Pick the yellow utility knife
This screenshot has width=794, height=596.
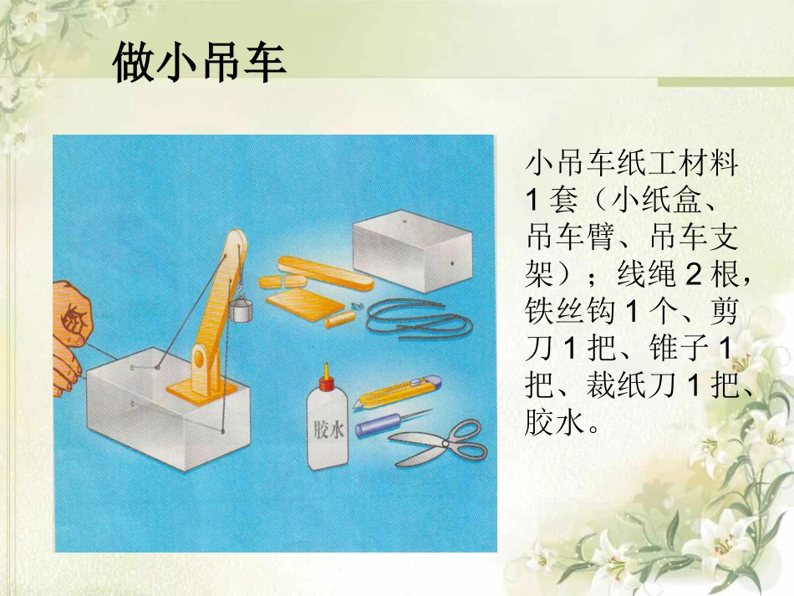396,390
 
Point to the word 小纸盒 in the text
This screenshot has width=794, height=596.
653,201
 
